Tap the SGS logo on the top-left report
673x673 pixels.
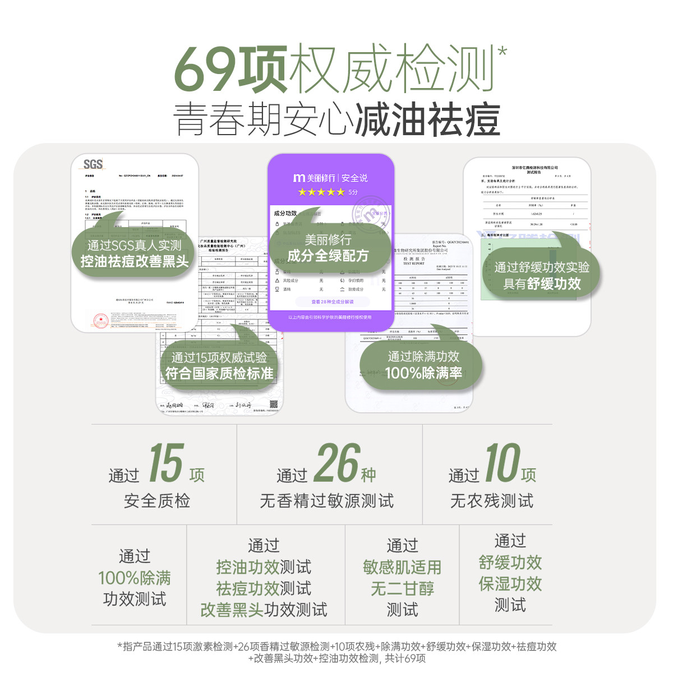[x=93, y=164]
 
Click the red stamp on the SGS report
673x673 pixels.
[x=101, y=320]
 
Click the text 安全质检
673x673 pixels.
[x=157, y=501]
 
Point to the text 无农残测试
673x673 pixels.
[x=492, y=501]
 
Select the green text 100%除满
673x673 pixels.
[x=135, y=578]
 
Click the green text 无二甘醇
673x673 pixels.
[x=402, y=588]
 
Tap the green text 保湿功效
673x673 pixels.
[x=510, y=584]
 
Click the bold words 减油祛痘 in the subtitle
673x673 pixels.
[x=427, y=120]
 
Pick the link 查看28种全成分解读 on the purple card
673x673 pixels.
[x=332, y=302]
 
